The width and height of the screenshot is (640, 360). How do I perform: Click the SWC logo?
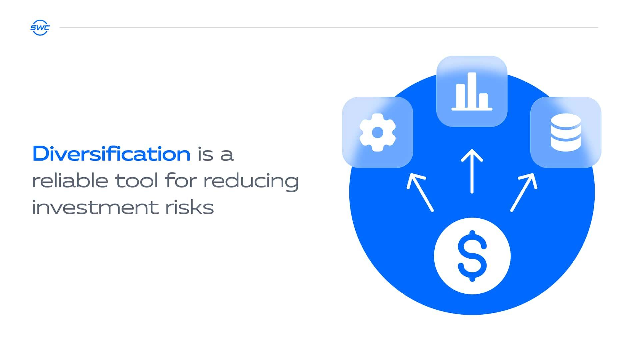click(x=40, y=28)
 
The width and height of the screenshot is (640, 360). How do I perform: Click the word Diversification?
click(x=111, y=154)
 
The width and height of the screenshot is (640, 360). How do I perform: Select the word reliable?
click(x=70, y=181)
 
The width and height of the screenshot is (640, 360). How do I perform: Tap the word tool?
click(x=137, y=181)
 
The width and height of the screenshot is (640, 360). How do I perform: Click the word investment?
click(x=95, y=207)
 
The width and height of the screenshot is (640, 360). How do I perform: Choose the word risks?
click(x=189, y=207)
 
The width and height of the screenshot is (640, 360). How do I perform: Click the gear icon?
click(x=378, y=132)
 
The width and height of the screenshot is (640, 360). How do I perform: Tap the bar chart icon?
click(x=472, y=91)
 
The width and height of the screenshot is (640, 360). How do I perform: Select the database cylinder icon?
click(x=566, y=132)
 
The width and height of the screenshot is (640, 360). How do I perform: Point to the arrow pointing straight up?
click(x=472, y=171)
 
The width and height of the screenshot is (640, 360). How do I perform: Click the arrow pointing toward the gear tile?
click(x=420, y=192)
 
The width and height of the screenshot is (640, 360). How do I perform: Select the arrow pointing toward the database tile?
click(x=524, y=192)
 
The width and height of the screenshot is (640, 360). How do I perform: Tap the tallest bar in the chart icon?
click(x=472, y=90)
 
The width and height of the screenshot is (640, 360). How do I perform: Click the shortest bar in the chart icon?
click(x=483, y=101)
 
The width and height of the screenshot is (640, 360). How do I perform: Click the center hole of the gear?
click(x=378, y=132)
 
